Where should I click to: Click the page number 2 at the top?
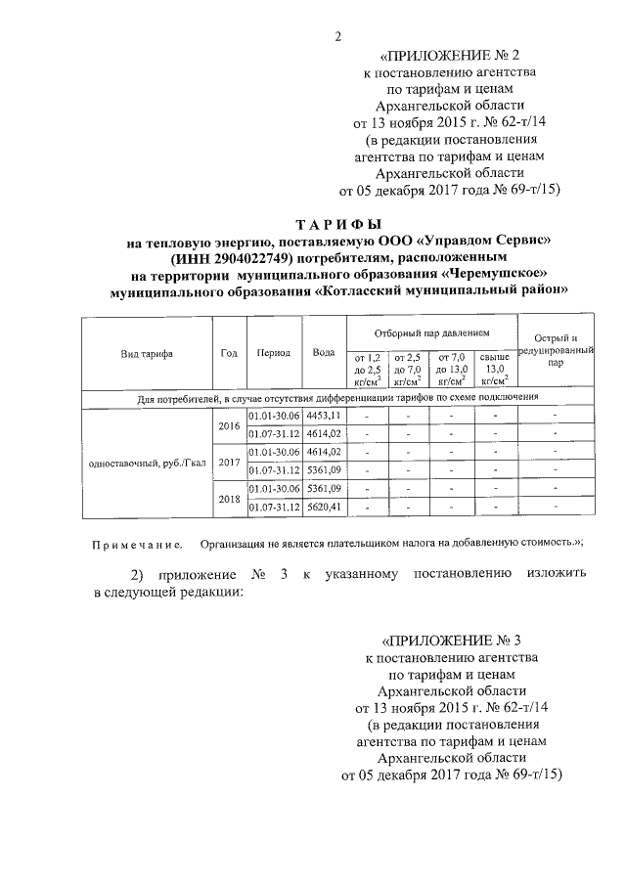coord(336,37)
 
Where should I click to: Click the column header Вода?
coord(323,353)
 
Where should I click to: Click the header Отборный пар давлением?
coord(431,333)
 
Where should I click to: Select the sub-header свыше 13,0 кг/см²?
coord(496,370)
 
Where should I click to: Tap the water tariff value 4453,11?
coord(324,417)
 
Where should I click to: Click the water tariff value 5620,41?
coord(324,507)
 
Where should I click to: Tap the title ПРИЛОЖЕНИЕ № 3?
coord(450,642)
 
